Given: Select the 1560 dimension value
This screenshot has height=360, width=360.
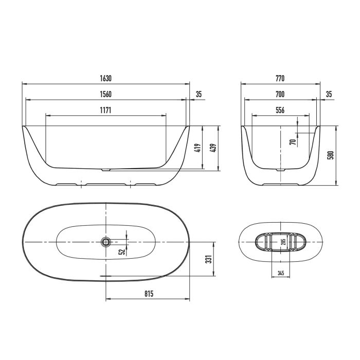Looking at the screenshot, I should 106,94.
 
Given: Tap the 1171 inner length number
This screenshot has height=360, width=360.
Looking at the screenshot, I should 106,110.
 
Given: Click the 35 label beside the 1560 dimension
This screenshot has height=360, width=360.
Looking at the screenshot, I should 199,94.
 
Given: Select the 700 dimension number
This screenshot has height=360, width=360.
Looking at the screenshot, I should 280,94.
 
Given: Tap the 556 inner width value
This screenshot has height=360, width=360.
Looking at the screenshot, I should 280,110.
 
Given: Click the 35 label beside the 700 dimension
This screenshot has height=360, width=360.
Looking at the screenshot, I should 329,94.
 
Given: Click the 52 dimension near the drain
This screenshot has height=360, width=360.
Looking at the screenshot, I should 121,251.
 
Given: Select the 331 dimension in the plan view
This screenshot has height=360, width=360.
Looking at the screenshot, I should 209,259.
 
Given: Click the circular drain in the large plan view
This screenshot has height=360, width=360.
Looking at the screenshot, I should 106,242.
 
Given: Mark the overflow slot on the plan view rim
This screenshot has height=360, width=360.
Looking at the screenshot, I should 106,275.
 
